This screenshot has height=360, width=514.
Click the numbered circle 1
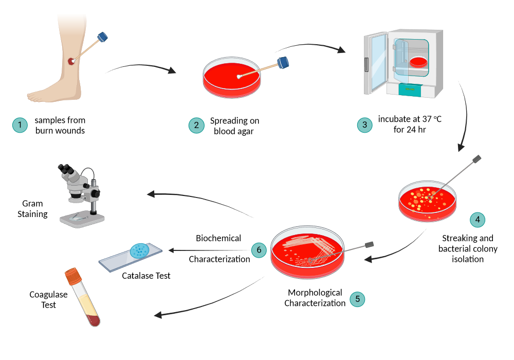20,125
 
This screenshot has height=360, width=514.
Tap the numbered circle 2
196,125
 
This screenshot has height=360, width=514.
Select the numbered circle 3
364,125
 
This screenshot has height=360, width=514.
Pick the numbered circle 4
478,220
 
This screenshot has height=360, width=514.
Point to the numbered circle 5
357,300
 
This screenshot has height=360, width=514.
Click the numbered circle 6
259,250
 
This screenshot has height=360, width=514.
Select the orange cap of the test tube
73,277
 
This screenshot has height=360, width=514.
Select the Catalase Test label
146,276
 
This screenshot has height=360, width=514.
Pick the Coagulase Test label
49,300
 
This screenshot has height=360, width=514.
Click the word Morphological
315,293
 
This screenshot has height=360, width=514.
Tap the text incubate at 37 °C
410,119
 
